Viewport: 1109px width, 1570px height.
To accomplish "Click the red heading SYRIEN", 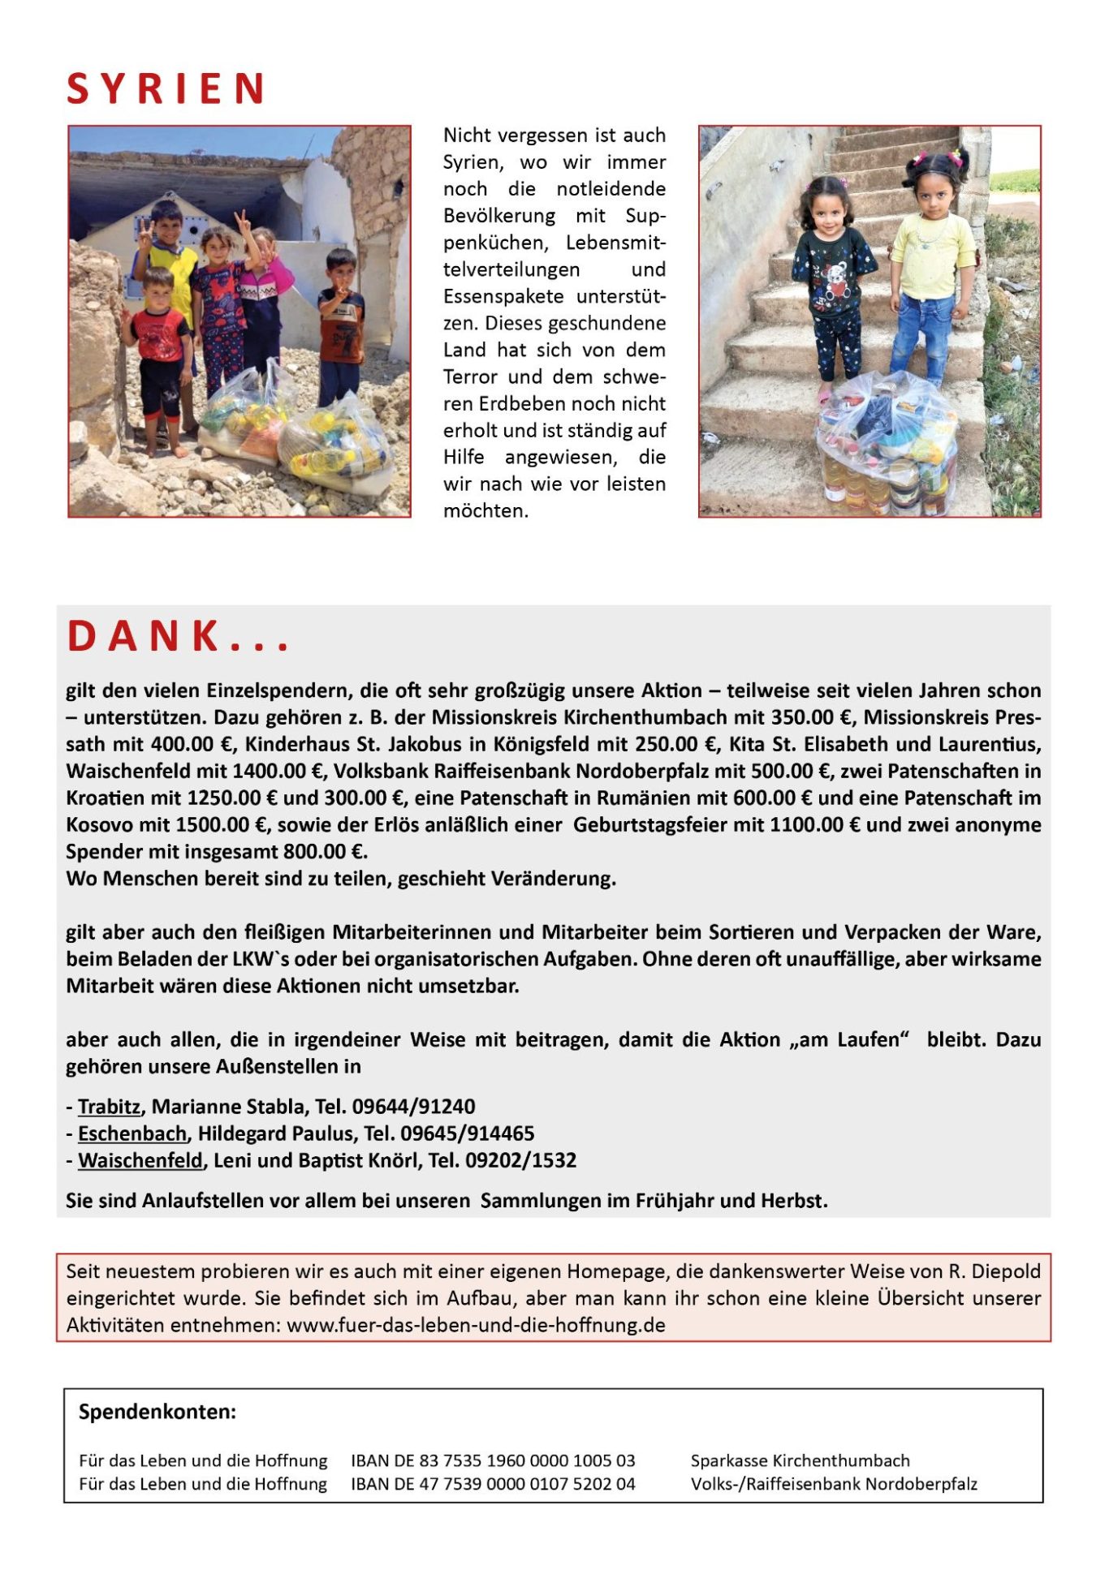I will pos(166,88).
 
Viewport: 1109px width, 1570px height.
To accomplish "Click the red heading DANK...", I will pos(177,637).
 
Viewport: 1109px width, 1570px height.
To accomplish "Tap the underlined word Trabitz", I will pos(109,1107).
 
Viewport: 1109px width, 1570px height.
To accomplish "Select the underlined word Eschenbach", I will pos(132,1133).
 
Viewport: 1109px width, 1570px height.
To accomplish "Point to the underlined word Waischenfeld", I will pos(140,1160).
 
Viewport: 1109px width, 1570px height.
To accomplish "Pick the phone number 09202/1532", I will pos(520,1160).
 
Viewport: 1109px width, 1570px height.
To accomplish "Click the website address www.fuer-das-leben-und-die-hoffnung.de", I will pos(476,1325).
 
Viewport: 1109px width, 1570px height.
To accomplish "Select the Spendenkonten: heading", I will pos(158,1412).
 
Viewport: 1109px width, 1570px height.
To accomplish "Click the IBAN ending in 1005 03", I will pos(493,1460).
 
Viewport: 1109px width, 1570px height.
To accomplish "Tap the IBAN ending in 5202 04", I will pos(493,1484).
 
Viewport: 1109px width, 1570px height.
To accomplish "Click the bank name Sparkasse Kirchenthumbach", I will pos(800,1460).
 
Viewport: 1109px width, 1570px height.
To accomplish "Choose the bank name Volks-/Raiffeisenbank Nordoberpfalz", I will pos(834,1484).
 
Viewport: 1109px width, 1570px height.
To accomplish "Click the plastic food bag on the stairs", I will pos(889,442).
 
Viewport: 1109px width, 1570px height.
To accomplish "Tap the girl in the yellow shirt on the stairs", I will pos(934,268).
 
